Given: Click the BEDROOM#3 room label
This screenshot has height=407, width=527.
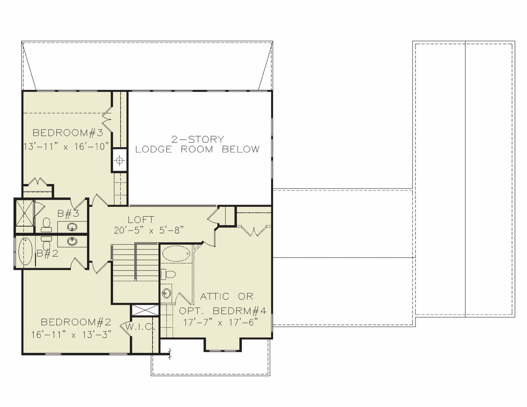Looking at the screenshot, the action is pyautogui.click(x=68, y=133).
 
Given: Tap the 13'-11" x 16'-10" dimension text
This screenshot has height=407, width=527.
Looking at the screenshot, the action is pyautogui.click(x=66, y=147).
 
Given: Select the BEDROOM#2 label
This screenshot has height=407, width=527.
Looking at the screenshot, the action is pyautogui.click(x=76, y=322).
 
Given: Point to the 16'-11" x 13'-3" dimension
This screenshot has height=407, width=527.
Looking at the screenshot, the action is pyautogui.click(x=71, y=335).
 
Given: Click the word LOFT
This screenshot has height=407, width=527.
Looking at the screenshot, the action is pyautogui.click(x=141, y=220).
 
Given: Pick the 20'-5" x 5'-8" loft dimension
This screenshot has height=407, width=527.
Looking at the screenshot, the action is pyautogui.click(x=149, y=230).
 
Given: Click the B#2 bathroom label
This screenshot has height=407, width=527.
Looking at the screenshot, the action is pyautogui.click(x=47, y=253).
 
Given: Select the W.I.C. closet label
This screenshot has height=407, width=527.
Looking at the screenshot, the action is pyautogui.click(x=140, y=327).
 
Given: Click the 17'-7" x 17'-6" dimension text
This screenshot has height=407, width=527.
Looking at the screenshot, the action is pyautogui.click(x=220, y=322).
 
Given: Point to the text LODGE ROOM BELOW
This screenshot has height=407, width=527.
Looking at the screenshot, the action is pyautogui.click(x=197, y=149).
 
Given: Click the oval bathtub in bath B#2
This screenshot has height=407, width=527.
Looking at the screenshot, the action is pyautogui.click(x=25, y=251).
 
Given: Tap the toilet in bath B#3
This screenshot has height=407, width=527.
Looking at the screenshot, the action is pyautogui.click(x=46, y=225).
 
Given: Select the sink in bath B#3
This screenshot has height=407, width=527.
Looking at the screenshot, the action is pyautogui.click(x=72, y=227).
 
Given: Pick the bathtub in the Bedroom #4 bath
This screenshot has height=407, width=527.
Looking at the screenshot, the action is pyautogui.click(x=176, y=253).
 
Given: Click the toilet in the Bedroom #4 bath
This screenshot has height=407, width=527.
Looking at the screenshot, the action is pyautogui.click(x=168, y=274).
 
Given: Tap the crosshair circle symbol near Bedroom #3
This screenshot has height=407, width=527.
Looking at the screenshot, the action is pyautogui.click(x=119, y=160).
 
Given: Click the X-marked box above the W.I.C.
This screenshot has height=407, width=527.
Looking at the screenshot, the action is pyautogui.click(x=145, y=310).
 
